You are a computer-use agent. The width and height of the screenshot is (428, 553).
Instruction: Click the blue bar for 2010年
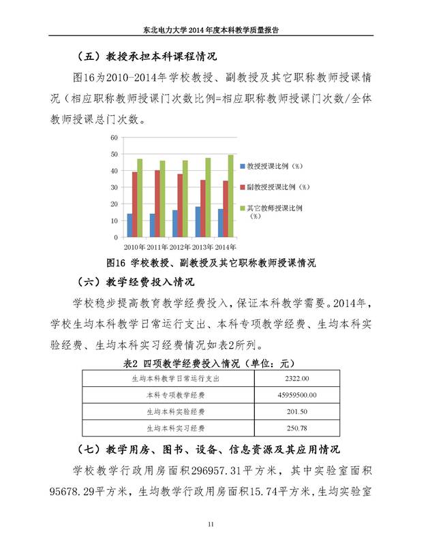coord(130,225)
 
